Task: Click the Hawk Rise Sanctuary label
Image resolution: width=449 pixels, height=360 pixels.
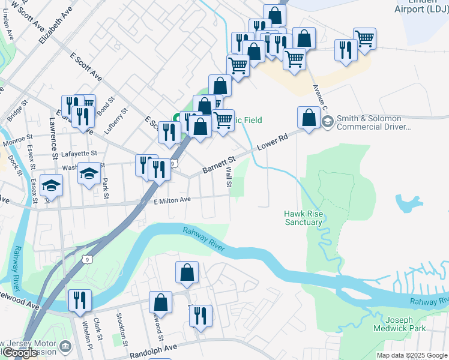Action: tap(303, 218)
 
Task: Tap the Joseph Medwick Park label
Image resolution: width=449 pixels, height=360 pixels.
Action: tap(406, 324)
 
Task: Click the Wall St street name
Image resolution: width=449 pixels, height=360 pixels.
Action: tap(229, 176)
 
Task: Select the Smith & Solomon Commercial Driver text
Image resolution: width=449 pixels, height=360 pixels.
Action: tap(373, 123)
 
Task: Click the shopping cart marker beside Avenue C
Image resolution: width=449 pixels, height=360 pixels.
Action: tap(364, 38)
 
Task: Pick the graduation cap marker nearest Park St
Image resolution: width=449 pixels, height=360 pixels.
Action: tap(89, 174)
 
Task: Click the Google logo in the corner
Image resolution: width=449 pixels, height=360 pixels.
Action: tap(19, 353)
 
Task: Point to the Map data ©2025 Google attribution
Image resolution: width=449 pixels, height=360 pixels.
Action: tap(412, 355)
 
